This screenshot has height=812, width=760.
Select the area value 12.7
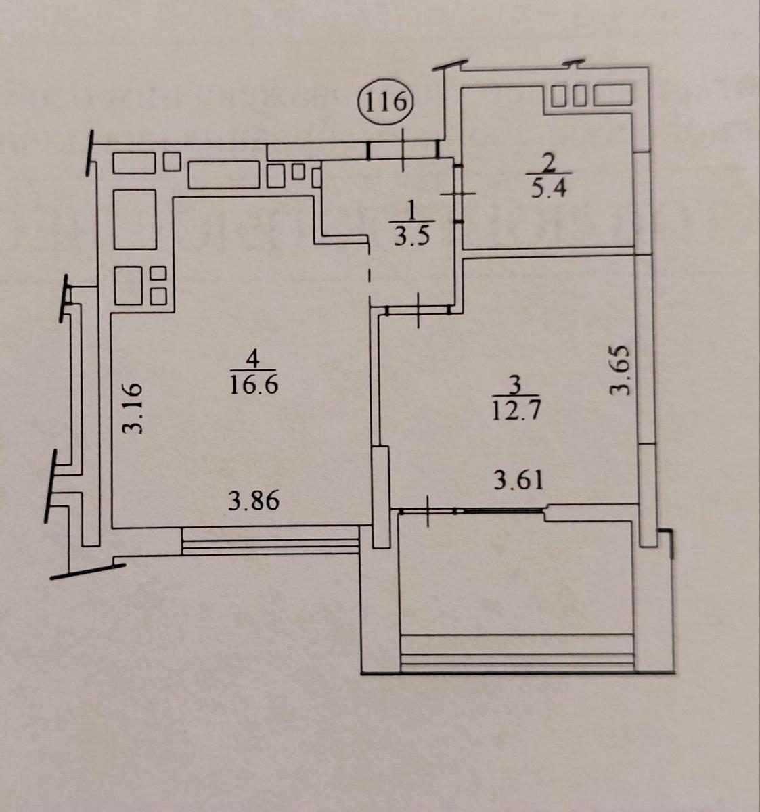[x=518, y=410]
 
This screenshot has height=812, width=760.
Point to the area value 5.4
[x=548, y=187]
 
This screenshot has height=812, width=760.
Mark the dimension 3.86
[x=254, y=502]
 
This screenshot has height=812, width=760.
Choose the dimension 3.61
[x=518, y=480]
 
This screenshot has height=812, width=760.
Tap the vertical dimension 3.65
[x=620, y=370]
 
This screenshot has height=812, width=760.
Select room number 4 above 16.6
[x=252, y=357]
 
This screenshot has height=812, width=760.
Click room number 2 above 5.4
[x=549, y=162]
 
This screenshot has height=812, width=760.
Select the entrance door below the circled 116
[x=402, y=150]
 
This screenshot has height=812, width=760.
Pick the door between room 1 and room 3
[x=418, y=310]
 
